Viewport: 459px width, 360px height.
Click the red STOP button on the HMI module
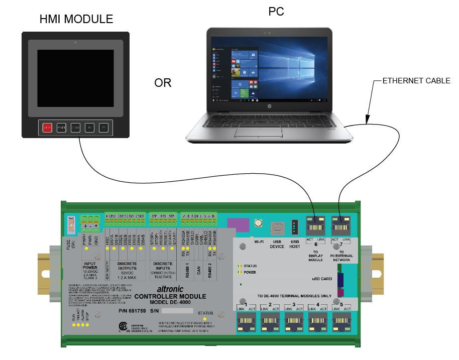[x=47, y=128]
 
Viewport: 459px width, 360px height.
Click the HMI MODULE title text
[x=76, y=20]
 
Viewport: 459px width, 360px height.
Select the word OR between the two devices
[x=163, y=83]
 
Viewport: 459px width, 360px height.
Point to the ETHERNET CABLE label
[x=416, y=80]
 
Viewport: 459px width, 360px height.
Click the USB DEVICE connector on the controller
[x=277, y=228]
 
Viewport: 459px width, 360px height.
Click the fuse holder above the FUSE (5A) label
[x=71, y=224]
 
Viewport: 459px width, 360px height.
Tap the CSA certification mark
[x=121, y=327]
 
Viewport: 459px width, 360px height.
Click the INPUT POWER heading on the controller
[x=91, y=265]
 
